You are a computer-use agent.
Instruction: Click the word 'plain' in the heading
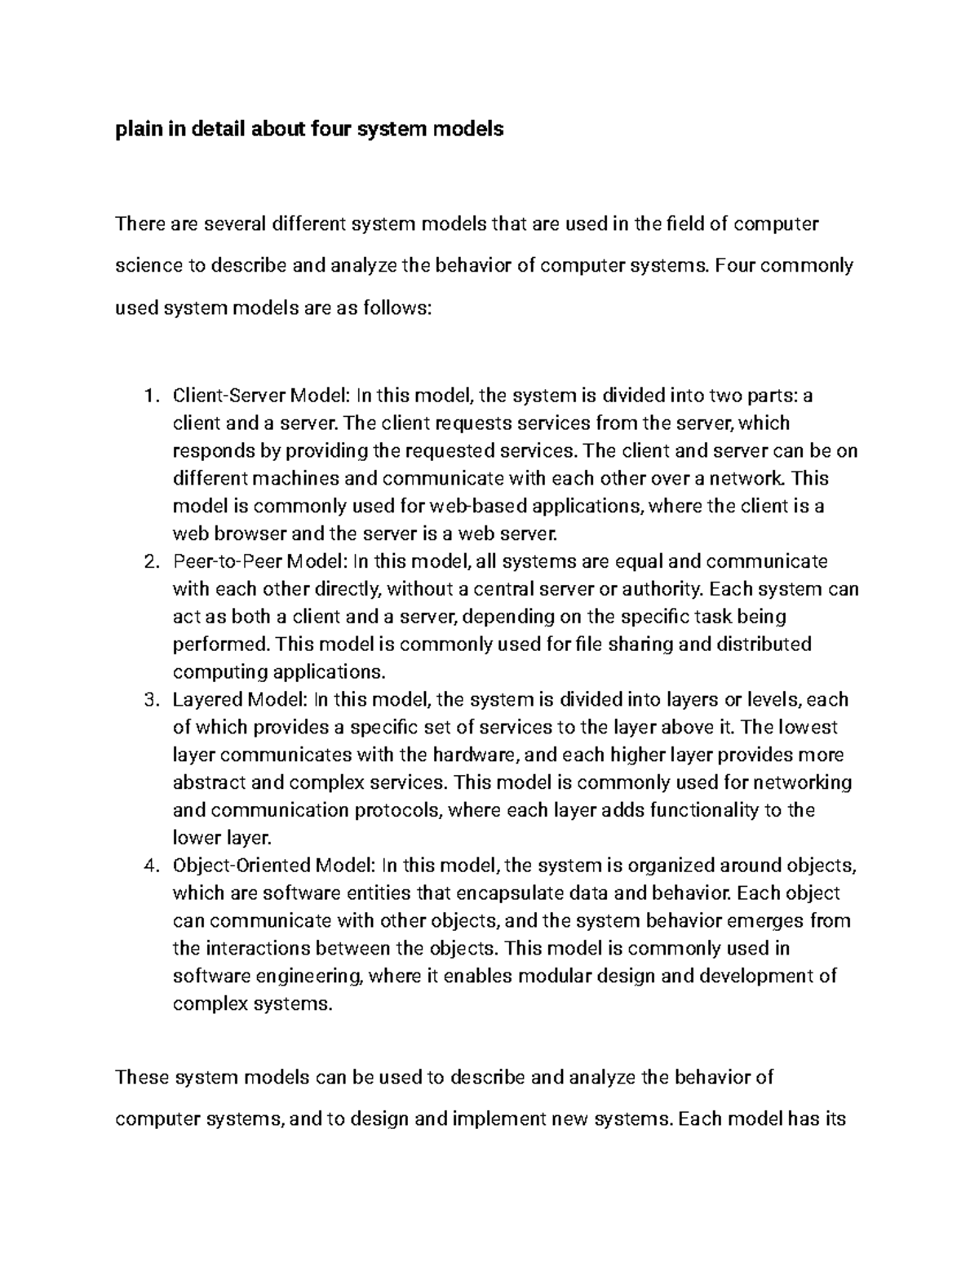(x=139, y=129)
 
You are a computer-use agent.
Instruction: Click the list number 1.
(x=148, y=396)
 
